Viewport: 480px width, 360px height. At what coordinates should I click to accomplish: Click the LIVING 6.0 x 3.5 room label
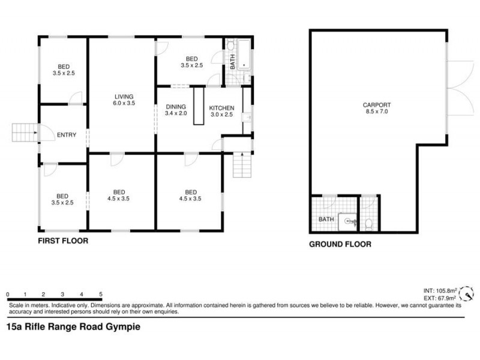(124, 100)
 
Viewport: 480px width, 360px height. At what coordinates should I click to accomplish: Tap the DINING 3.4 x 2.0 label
(176, 110)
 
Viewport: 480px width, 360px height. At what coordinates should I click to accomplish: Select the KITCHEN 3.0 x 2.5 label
(221, 110)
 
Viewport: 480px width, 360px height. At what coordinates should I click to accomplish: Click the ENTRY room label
(67, 135)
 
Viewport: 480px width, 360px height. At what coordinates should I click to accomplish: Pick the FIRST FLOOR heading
(63, 241)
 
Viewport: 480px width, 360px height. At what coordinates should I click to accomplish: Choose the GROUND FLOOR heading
(340, 244)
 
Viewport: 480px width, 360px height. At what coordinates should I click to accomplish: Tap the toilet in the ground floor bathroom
(369, 223)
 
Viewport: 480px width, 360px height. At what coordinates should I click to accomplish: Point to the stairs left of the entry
(25, 132)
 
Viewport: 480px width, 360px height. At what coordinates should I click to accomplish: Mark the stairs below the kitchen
(241, 164)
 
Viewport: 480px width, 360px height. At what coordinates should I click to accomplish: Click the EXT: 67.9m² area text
(439, 298)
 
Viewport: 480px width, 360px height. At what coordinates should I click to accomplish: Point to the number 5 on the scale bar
(101, 294)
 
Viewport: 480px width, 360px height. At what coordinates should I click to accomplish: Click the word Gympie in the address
(125, 327)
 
